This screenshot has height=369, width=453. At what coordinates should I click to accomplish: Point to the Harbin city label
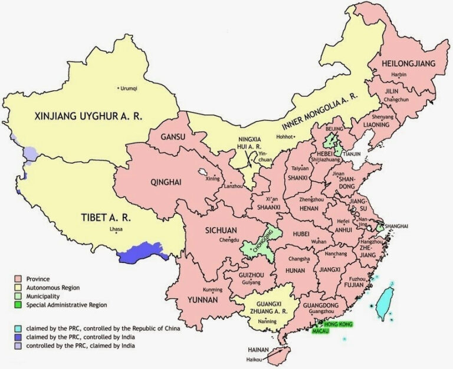point(399,75)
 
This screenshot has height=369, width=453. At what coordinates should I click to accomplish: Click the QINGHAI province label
point(150,182)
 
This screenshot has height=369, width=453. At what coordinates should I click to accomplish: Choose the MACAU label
point(321,332)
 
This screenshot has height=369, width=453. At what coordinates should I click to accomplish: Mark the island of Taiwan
point(386,301)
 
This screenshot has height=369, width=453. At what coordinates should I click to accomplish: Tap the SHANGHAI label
point(396,226)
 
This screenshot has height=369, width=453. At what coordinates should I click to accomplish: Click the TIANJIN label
point(352,154)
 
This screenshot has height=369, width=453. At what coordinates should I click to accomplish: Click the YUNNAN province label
point(202,300)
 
